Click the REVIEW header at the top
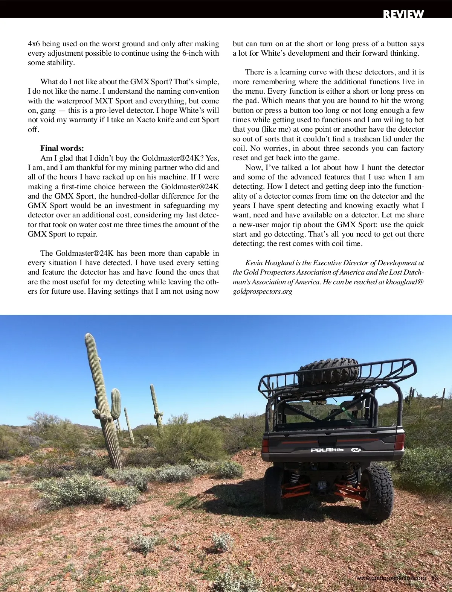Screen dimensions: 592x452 point(403,14)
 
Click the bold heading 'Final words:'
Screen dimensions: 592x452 point(62,148)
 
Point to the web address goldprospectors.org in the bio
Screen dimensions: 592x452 point(262,291)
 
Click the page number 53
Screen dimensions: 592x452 point(435,578)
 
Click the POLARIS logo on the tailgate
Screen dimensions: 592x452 point(327,450)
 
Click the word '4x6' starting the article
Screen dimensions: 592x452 point(34,44)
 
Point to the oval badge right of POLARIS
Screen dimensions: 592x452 point(356,450)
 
